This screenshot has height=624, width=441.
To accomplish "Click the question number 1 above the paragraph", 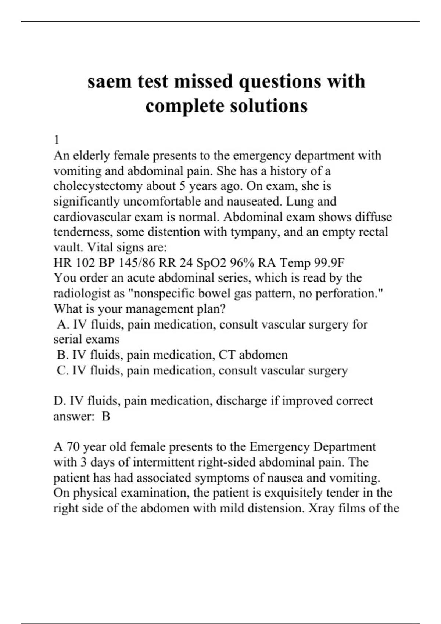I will (x=57, y=140).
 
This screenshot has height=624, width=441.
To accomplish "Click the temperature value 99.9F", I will (x=329, y=263).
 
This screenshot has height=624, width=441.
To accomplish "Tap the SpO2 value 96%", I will (x=242, y=263).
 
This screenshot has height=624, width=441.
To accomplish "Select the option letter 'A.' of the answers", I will (x=63, y=324).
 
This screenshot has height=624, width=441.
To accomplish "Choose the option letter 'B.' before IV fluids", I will (x=63, y=355).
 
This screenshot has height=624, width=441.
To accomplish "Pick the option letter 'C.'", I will (x=63, y=370).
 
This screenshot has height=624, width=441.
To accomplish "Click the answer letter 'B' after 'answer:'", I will (x=106, y=416).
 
